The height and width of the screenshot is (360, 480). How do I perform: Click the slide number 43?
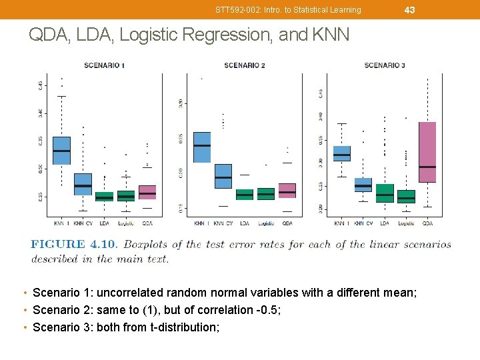point(409,9)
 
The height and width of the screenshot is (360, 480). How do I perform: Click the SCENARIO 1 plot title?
point(104,65)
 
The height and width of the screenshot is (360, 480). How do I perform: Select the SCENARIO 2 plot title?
point(245,65)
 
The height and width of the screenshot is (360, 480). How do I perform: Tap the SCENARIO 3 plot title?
point(385,65)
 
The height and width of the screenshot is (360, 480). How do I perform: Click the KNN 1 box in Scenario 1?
point(61,151)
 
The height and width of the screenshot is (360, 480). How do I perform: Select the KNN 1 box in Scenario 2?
point(202,147)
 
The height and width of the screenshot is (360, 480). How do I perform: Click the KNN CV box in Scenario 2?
point(223,176)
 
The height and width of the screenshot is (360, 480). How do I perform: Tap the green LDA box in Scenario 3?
point(385,193)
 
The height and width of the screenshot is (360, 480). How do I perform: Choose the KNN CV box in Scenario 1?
point(83,184)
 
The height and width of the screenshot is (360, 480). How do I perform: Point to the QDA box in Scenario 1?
point(147,192)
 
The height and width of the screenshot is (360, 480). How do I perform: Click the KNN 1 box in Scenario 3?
point(342,154)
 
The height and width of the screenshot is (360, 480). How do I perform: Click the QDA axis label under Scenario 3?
point(427,223)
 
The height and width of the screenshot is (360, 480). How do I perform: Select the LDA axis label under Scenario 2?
point(245,223)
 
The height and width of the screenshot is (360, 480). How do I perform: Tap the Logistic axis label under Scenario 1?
point(126,223)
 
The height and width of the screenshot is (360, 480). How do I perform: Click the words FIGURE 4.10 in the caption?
point(73,245)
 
